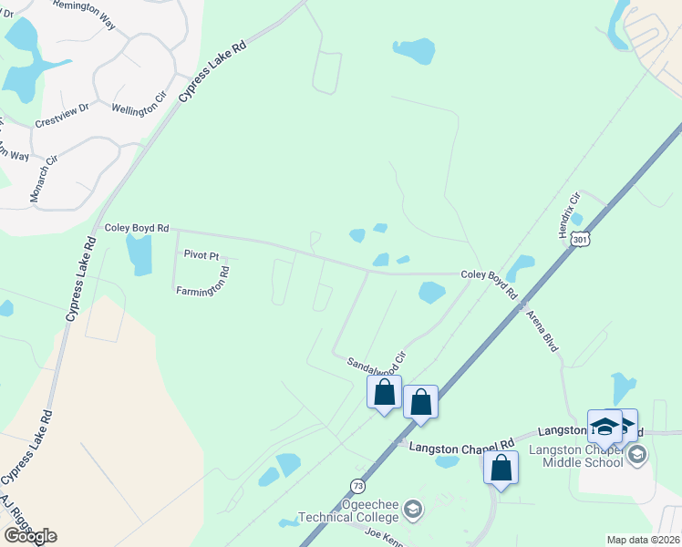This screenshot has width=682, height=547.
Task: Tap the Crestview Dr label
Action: click(62, 113)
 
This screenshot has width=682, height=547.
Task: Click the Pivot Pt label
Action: click(201, 256)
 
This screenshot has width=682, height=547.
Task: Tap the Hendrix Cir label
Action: click(569, 216)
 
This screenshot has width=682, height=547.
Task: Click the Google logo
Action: click(29, 535)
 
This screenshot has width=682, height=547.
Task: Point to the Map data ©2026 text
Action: click(643, 540)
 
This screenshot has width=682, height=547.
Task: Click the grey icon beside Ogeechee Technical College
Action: click(412, 508)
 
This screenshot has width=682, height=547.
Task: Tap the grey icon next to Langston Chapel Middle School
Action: click(637, 453)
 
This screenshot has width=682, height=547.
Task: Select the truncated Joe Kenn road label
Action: click(382, 535)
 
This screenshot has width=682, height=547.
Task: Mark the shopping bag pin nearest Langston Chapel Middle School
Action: click(501, 468)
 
